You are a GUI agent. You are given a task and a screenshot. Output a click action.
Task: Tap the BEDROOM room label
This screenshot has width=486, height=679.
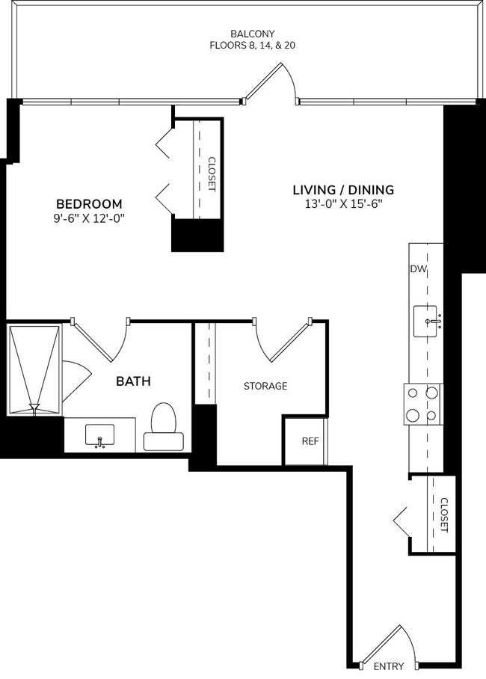tap(89, 203)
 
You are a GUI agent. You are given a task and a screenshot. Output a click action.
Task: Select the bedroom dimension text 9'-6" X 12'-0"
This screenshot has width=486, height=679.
tap(89, 218)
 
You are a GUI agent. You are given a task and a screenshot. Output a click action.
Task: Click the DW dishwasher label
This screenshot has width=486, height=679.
tap(416, 269)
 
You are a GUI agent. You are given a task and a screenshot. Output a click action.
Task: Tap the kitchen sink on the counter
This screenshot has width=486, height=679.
tap(428, 322)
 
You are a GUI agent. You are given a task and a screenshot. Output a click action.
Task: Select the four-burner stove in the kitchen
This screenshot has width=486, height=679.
tap(423, 404)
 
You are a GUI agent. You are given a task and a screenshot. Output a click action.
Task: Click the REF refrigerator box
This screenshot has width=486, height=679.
tap(310, 440)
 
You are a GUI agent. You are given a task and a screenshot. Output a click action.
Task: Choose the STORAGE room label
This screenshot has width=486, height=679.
tap(265, 386)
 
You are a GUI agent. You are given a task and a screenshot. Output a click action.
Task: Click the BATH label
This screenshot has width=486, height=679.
tap(133, 381)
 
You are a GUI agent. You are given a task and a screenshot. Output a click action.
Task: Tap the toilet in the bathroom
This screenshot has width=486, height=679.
tap(164, 428)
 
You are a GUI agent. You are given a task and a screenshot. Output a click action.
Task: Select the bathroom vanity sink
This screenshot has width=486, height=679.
tap(99, 435)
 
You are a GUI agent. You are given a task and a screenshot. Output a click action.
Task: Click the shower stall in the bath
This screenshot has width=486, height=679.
tap(34, 369)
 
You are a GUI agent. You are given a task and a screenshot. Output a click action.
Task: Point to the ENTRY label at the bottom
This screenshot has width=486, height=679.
tap(388, 666)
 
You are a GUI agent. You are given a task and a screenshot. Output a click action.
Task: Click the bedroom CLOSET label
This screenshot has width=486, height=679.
tap(211, 173)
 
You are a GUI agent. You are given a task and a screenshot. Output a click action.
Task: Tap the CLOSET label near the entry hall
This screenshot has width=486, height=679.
tap(443, 515)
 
